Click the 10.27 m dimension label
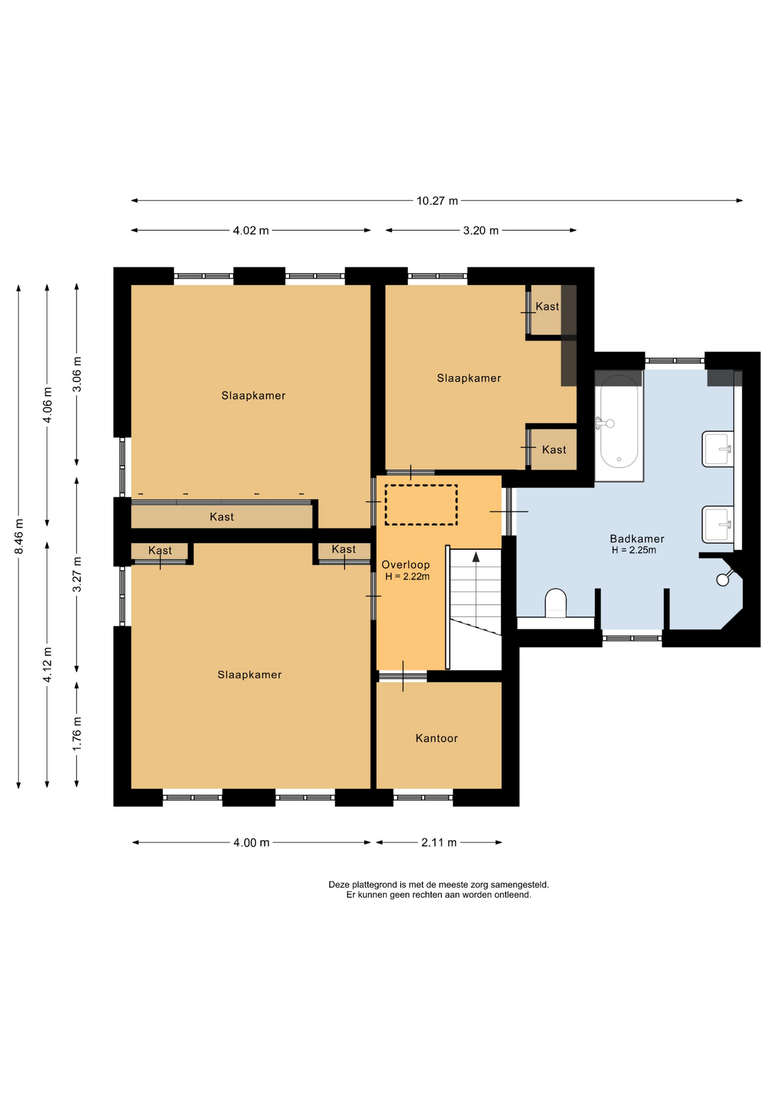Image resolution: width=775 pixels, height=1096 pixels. [437, 201]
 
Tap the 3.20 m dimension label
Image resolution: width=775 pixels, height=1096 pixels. [481, 231]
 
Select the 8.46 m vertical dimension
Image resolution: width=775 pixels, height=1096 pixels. [19, 537]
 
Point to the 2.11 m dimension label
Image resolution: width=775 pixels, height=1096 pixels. [439, 843]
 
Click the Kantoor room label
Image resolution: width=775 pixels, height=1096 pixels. [437, 739]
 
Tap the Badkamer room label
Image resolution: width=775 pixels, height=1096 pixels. [637, 539]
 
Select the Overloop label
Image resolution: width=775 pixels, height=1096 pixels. [406, 565]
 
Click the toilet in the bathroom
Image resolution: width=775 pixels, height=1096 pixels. [556, 603]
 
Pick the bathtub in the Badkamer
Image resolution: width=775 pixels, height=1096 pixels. [619, 425]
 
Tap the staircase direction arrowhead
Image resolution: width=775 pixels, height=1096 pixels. [476, 557]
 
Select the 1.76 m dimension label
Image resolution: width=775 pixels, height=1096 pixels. [77, 735]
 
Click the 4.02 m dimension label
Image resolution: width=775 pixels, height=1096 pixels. [251, 231]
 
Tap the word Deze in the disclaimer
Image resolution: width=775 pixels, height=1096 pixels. [339, 885]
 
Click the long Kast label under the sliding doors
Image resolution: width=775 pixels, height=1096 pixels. [221, 517]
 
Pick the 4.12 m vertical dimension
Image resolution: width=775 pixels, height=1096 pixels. [48, 665]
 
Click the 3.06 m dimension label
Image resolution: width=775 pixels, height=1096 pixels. [77, 374]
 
